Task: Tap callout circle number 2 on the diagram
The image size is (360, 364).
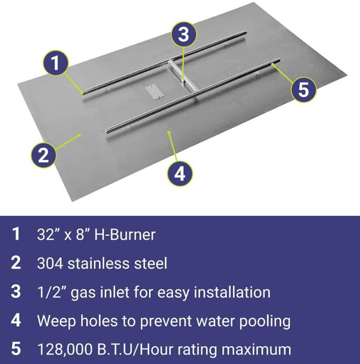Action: click(x=42, y=156)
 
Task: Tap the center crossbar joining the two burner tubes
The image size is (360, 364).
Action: click(x=181, y=78)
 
